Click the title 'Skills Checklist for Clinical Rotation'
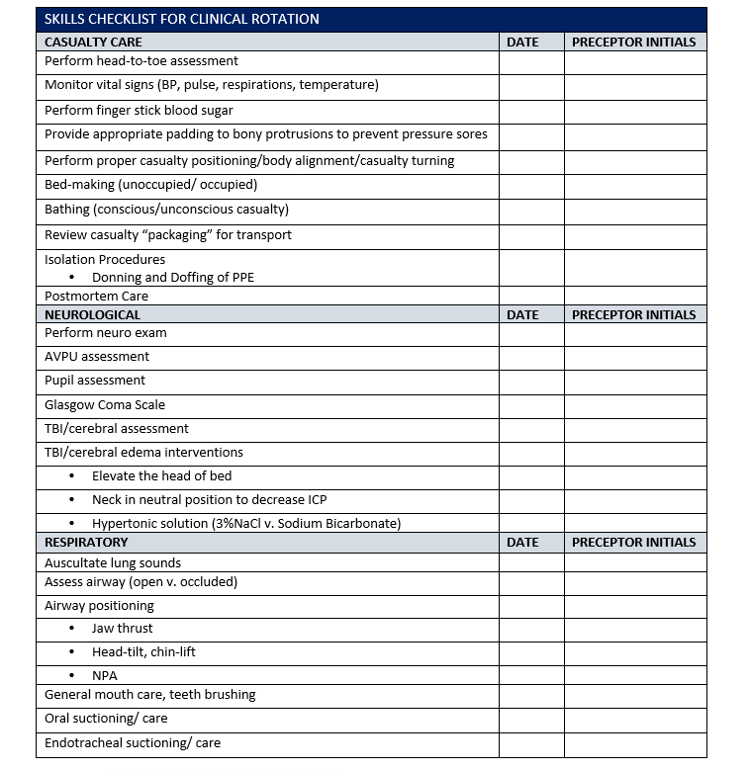pyautogui.click(x=181, y=19)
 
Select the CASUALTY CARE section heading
pyautogui.click(x=93, y=42)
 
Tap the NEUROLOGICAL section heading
pyautogui.click(x=93, y=314)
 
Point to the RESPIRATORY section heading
pyautogui.click(x=86, y=542)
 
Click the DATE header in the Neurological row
pyautogui.click(x=522, y=314)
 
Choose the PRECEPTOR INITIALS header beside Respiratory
pyautogui.click(x=633, y=542)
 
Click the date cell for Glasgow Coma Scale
pyautogui.click(x=531, y=405)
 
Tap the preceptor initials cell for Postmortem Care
pyautogui.click(x=635, y=296)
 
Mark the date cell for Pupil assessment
pyautogui.click(x=531, y=381)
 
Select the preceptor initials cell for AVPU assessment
pyautogui.click(x=635, y=357)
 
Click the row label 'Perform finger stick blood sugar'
pyautogui.click(x=139, y=111)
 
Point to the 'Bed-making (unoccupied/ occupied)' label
pyautogui.click(x=150, y=185)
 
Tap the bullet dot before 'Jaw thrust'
pyautogui.click(x=71, y=629)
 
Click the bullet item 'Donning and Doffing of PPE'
pyautogui.click(x=173, y=278)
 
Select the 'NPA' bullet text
pyautogui.click(x=105, y=676)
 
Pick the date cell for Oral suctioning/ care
pyautogui.click(x=531, y=720)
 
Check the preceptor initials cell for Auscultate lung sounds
pyautogui.click(x=635, y=562)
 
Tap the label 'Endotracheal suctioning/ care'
pyautogui.click(x=133, y=743)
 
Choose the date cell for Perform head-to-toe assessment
pyautogui.click(x=531, y=62)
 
